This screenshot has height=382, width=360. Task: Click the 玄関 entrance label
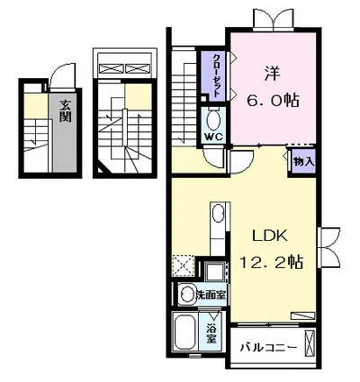pos(65,111)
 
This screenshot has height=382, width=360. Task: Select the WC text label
pos(214,137)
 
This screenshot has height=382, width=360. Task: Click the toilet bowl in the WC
pos(214,120)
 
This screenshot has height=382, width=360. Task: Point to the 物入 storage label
pos(303,162)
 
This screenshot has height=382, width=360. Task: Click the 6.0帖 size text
pos(273,101)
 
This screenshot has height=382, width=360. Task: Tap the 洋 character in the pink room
pos(272,74)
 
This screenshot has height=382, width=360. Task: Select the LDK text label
pos(270,236)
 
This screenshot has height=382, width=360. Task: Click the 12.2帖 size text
pos(271,262)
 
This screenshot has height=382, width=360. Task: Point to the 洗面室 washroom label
pos(211,295)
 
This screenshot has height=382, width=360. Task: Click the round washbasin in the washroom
pos(187,295)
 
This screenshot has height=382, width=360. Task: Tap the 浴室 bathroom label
pos(211,334)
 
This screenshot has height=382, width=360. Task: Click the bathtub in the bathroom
pos(184,333)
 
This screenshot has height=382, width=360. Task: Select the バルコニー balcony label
pos(268,348)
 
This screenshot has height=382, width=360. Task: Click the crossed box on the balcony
pos(310,342)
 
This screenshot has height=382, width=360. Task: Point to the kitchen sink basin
pos(218,214)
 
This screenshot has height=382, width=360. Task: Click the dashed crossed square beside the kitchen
pos(183,266)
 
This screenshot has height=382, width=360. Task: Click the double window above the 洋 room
pos(273,20)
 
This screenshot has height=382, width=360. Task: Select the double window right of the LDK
pos(329,246)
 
